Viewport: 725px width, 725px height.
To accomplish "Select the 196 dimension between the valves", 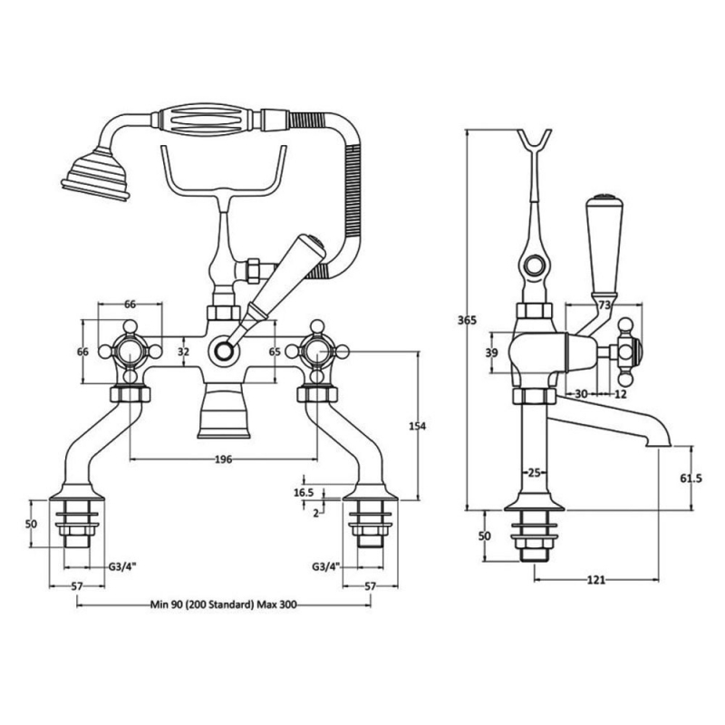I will click(224, 459).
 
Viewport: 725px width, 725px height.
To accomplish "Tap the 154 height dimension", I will click(419, 426).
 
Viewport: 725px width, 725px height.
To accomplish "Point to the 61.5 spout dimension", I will click(691, 478).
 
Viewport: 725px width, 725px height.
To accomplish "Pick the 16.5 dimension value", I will click(304, 492).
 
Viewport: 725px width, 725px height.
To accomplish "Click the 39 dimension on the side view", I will click(493, 353).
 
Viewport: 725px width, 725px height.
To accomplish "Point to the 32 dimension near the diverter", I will click(184, 351).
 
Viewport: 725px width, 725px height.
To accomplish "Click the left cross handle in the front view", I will click(130, 351).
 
